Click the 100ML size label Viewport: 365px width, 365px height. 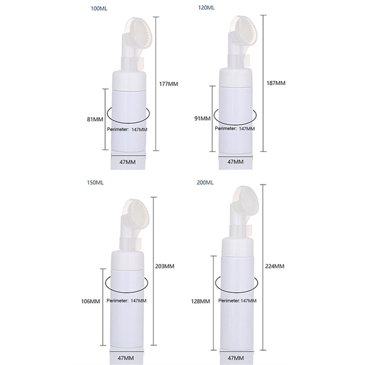point(99,9)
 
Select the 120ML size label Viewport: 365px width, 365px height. point(207,8)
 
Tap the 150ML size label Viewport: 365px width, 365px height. point(95,182)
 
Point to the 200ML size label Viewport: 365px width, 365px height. point(205,182)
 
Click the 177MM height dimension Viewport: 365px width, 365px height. point(168,84)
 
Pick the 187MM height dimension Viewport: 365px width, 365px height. point(276,83)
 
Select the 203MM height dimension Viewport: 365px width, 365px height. point(165,266)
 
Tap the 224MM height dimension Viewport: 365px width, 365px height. point(275,266)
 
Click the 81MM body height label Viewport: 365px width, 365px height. point(95,120)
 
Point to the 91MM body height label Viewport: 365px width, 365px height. point(203,119)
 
